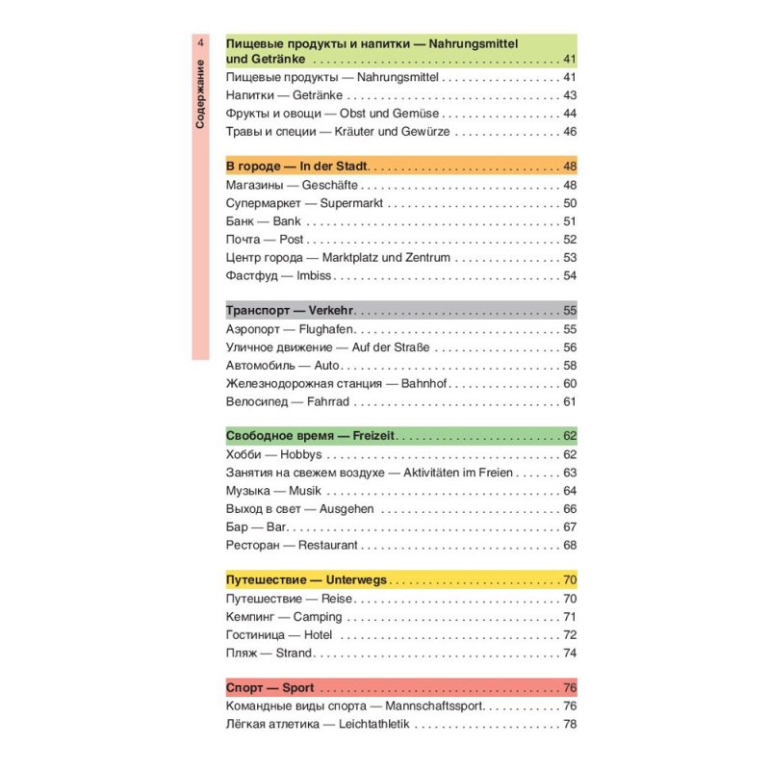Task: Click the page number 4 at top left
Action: coord(199,43)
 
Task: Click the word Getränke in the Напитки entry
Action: coord(318,95)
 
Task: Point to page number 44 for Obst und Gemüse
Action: coord(569,114)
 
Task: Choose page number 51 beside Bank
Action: coord(569,221)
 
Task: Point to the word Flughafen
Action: coord(325,329)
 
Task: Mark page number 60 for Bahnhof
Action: coord(569,383)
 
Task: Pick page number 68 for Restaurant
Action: coord(569,545)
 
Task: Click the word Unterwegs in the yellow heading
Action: coord(356,580)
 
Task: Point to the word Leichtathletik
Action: coord(374,724)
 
